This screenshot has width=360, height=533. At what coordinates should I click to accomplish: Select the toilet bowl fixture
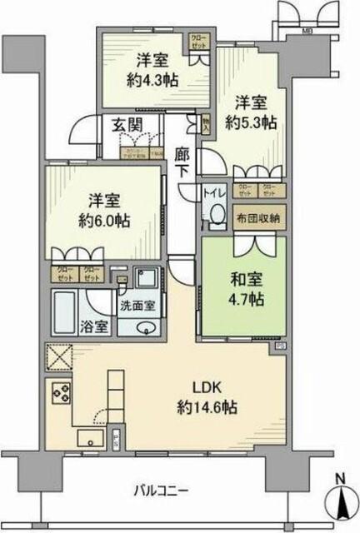point(215,216)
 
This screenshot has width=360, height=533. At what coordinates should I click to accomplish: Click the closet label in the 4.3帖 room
point(199,42)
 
